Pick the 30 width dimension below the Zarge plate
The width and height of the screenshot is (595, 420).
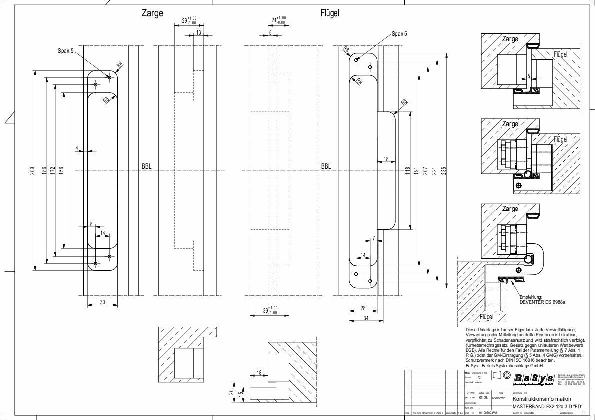click(x=102, y=301)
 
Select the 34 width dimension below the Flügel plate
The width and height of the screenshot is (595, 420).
click(x=366, y=317)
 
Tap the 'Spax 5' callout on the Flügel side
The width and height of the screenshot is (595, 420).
click(x=399, y=34)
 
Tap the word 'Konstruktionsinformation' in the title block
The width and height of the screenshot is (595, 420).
click(x=542, y=399)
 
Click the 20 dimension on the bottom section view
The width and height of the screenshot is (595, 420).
click(x=231, y=392)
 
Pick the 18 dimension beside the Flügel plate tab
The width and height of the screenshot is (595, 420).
click(x=386, y=159)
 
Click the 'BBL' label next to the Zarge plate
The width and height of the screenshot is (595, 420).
click(x=147, y=166)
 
